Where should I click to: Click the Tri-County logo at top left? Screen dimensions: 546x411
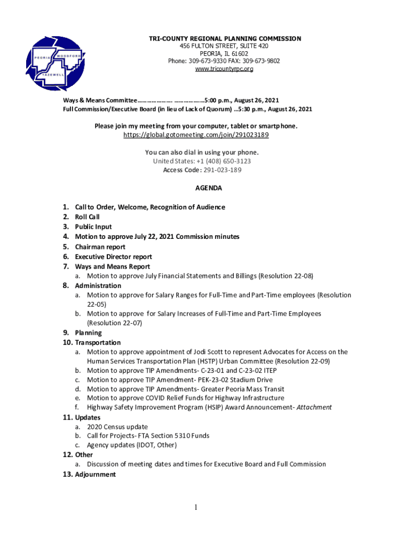click(55, 64)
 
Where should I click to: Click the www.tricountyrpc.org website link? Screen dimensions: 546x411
click(224, 69)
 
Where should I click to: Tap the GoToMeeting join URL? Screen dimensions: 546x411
click(196, 135)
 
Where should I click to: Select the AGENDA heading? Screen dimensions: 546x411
click(208, 188)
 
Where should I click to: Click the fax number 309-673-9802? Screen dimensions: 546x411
click(262, 61)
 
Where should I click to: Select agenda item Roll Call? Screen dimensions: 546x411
click(87, 217)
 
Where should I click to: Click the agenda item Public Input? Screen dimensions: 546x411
click(93, 227)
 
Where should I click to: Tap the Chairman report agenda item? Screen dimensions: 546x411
click(100, 247)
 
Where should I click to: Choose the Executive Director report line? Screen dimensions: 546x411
click(113, 256)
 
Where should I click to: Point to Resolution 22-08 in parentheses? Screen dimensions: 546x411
click(286, 276)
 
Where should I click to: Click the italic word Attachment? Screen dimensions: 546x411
click(314, 407)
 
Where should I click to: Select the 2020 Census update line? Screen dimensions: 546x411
click(117, 427)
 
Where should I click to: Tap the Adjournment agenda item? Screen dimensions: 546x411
click(95, 475)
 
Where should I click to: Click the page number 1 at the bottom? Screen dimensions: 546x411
click(196, 508)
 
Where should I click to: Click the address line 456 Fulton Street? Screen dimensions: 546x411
click(224, 46)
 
